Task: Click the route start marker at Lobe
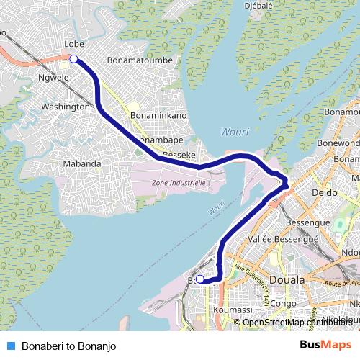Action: tap(73, 60)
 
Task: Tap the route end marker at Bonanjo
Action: tap(200, 279)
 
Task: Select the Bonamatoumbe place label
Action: tap(140, 61)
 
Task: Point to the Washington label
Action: tap(66, 106)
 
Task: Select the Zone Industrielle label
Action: tap(179, 183)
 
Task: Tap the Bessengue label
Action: tap(317, 224)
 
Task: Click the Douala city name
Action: tap(287, 279)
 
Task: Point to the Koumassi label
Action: tap(233, 310)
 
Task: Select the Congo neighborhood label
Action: tap(284, 303)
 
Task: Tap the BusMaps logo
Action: tap(325, 346)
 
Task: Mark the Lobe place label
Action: tap(75, 44)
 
